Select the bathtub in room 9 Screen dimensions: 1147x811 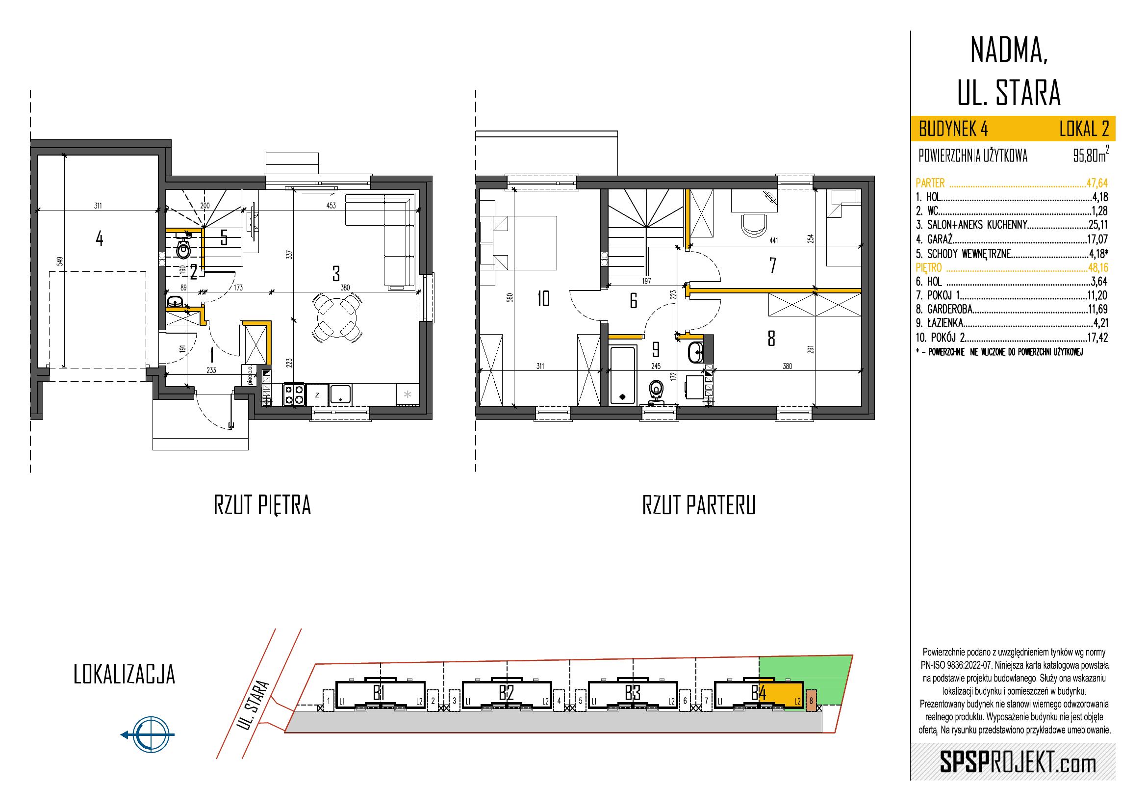[x=622, y=375]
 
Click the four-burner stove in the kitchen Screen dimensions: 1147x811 [x=294, y=393]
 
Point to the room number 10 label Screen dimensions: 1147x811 [x=543, y=299]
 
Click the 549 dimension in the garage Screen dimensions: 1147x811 [x=59, y=262]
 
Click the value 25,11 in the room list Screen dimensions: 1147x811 [x=1098, y=224]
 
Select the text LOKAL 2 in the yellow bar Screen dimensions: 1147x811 [x=1084, y=130]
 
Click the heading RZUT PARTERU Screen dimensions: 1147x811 [x=698, y=506]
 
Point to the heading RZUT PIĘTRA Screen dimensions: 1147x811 [x=262, y=506]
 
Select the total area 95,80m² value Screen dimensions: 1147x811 [x=1090, y=156]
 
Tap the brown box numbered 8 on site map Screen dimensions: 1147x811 [x=811, y=701]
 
